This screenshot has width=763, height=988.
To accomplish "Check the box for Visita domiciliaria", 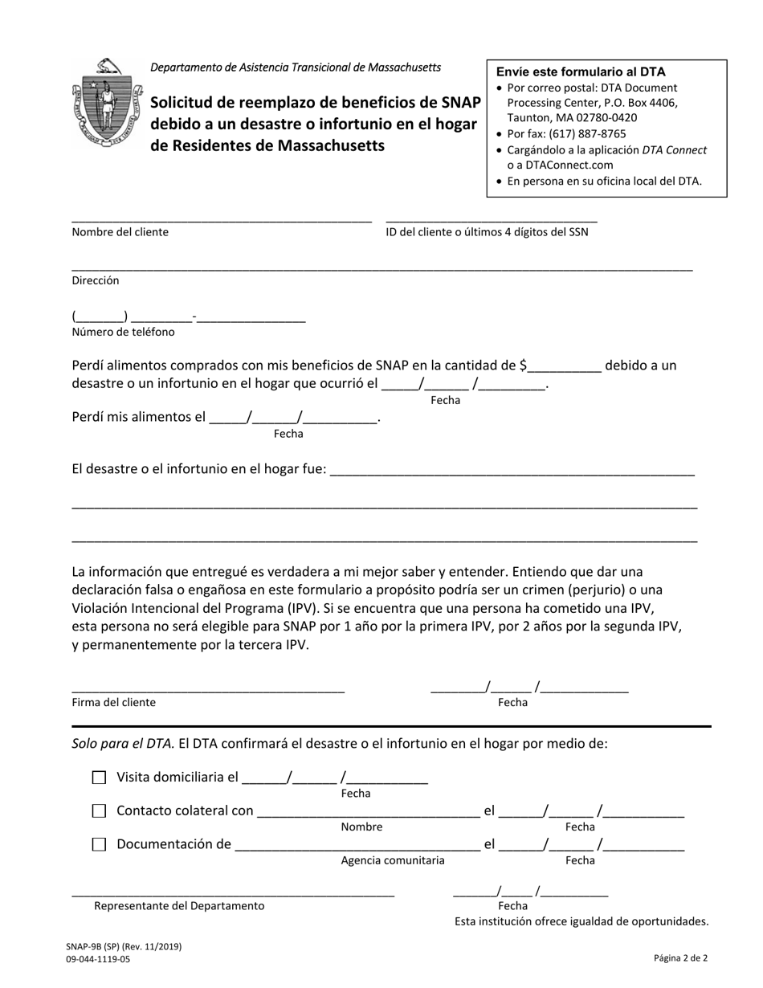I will coord(99,778).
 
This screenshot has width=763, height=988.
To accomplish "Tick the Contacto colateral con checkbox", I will coord(99,811).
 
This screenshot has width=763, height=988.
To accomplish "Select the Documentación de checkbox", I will coord(99,845).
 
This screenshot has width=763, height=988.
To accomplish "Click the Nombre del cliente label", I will coord(120,232).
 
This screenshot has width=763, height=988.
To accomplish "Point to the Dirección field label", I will coord(96,280).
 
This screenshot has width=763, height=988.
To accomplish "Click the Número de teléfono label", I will coord(123,332).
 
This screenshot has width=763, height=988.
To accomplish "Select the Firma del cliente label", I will coord(114,702).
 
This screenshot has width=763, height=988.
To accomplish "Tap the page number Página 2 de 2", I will coord(680,957).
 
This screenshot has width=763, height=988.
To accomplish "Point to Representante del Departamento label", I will coord(179,906).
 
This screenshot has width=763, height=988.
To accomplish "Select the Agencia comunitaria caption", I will coord(393,860).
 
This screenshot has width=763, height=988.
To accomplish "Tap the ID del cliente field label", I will coord(487,232).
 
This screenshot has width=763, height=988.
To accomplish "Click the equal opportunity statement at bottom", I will coord(581,921).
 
